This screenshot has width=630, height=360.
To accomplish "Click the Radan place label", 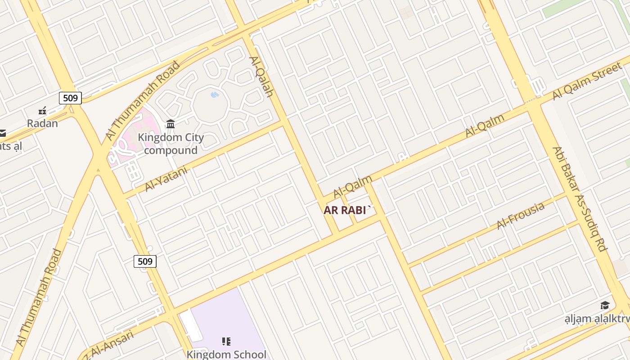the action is [42, 123].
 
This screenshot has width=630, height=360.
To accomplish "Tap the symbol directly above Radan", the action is [42, 110].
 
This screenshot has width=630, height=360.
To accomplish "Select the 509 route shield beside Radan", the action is [70, 98].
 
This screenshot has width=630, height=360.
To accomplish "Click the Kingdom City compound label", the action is [171, 144].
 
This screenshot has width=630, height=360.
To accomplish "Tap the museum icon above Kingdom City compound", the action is [171, 124].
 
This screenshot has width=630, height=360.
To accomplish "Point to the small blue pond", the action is [215, 95].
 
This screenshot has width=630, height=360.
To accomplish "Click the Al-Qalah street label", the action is [261, 76].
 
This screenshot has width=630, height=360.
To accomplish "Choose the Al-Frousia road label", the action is [521, 215].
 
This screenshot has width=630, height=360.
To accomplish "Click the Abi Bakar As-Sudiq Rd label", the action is [580, 198].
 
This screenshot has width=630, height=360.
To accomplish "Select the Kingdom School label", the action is [226, 355].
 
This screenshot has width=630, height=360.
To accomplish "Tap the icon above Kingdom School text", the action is [226, 342].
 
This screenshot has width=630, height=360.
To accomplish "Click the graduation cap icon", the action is [605, 306].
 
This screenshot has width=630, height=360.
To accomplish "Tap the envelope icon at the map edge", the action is [2, 133].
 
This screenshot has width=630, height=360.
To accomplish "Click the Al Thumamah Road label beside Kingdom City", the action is [142, 100].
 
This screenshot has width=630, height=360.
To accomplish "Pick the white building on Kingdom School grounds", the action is [191, 325].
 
